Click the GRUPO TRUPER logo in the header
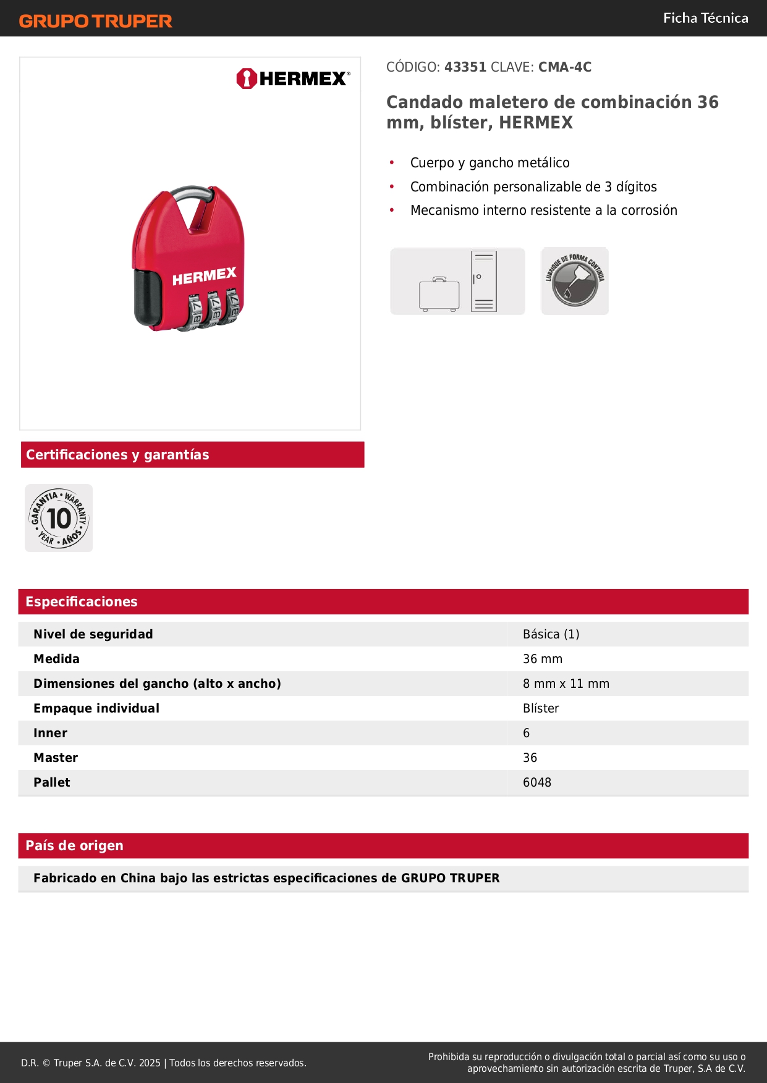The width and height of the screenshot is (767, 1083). click(x=95, y=21)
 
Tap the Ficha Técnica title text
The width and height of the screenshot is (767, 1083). click(x=705, y=18)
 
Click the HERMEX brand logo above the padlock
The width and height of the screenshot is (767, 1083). click(x=293, y=78)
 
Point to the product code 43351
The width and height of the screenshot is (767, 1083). click(x=465, y=67)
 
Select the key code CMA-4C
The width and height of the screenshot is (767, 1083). click(x=564, y=67)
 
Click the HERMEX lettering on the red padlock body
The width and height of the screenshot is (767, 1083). click(x=204, y=277)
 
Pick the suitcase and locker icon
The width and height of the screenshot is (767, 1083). click(x=457, y=281)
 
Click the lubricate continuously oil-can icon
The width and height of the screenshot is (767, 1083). click(x=575, y=281)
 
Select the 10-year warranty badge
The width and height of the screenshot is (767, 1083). click(x=59, y=518)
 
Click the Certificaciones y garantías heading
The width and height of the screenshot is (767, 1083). click(x=117, y=455)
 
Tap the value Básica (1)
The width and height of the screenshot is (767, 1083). click(x=551, y=634)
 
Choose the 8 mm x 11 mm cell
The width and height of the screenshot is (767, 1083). click(x=566, y=684)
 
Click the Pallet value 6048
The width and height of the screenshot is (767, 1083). click(x=536, y=782)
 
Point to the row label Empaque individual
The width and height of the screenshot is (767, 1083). click(x=96, y=708)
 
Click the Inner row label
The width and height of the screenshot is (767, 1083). click(x=50, y=733)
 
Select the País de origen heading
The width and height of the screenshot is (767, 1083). click(x=74, y=846)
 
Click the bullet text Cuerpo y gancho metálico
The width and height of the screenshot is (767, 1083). click(x=489, y=163)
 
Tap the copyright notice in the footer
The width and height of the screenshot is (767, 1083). click(x=163, y=1063)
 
